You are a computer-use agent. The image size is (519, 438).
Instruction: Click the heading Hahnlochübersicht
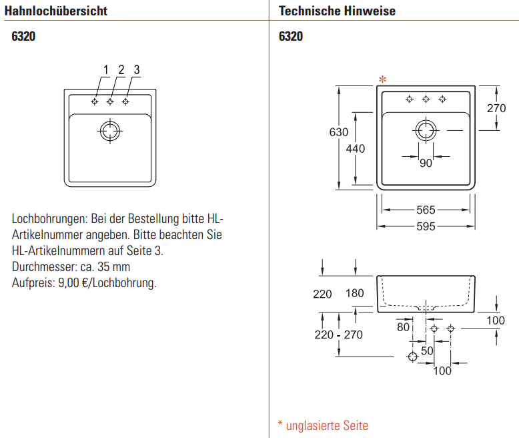(56, 11)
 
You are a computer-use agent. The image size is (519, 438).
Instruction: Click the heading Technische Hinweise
(337, 11)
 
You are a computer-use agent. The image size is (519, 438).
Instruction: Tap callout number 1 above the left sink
(106, 70)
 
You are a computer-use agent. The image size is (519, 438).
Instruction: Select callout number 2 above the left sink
(121, 70)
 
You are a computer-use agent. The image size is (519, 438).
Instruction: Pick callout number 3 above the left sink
(137, 70)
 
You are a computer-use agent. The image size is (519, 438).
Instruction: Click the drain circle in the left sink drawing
(110, 122)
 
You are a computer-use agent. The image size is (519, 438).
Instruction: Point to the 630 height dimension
(339, 132)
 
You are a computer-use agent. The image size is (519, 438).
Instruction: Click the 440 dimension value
(356, 149)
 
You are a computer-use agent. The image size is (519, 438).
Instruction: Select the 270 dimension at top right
(496, 108)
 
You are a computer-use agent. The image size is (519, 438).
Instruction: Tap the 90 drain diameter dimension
(426, 164)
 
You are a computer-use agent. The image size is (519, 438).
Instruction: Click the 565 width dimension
(426, 210)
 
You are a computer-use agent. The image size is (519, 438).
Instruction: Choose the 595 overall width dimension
(426, 226)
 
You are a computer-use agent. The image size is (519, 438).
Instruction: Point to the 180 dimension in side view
(354, 293)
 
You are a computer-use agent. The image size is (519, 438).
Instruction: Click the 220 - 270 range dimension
(339, 335)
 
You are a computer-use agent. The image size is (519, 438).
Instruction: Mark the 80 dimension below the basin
(403, 327)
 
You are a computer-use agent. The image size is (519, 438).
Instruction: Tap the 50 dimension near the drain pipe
(427, 351)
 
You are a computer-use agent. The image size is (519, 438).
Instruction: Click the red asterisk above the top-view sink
(383, 79)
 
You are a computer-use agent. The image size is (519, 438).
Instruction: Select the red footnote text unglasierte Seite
(327, 426)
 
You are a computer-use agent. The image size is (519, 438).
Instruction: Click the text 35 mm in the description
(113, 266)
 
